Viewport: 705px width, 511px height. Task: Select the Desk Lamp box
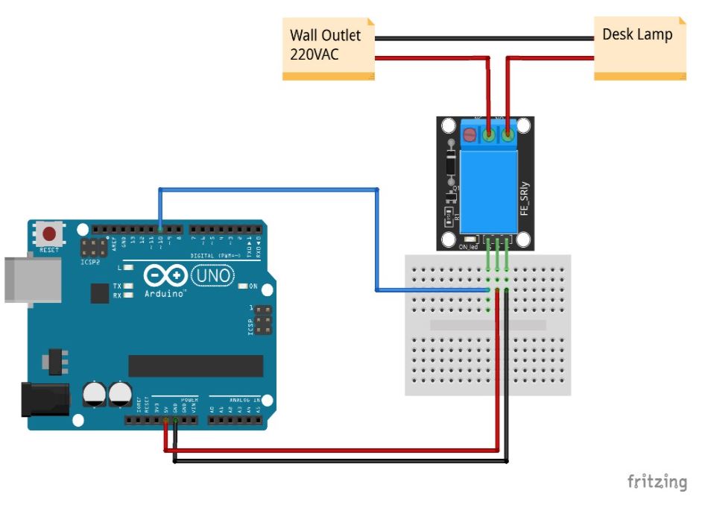[x=639, y=47]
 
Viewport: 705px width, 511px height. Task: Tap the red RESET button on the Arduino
[x=50, y=234]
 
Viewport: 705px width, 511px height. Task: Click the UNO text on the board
[x=213, y=277]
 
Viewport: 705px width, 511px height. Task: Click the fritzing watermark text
[x=657, y=481]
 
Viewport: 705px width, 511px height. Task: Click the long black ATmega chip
[x=195, y=366]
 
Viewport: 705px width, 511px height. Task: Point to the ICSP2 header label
[x=89, y=262]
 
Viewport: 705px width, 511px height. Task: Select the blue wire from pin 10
[x=268, y=190]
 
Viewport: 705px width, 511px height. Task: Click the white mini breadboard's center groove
[x=488, y=325]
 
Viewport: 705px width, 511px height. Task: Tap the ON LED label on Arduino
[x=253, y=286]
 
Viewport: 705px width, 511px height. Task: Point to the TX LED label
[x=117, y=286]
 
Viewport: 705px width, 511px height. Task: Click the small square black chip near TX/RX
[x=100, y=292]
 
